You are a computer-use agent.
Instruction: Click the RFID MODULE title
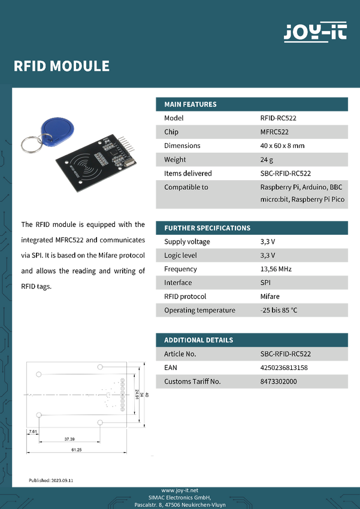click(x=62, y=66)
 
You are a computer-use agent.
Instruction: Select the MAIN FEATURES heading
click(x=190, y=104)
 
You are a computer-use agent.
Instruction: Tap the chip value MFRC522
click(x=274, y=132)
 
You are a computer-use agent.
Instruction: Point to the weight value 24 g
click(x=267, y=159)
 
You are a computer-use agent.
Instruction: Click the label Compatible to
click(x=186, y=187)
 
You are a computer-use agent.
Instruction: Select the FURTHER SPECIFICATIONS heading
click(x=207, y=228)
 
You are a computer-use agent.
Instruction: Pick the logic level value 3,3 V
click(x=268, y=255)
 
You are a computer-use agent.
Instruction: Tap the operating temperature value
click(x=279, y=310)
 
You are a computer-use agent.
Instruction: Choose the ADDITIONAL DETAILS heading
click(x=199, y=340)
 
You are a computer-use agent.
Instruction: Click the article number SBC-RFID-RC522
click(x=286, y=354)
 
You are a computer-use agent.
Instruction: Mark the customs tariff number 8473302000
click(x=279, y=381)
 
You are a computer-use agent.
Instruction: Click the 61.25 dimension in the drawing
click(x=76, y=449)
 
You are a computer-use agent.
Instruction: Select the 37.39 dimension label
click(x=69, y=439)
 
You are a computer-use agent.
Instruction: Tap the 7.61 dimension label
click(x=33, y=431)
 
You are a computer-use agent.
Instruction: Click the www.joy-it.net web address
click(x=180, y=490)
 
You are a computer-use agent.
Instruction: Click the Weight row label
click(x=175, y=159)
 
